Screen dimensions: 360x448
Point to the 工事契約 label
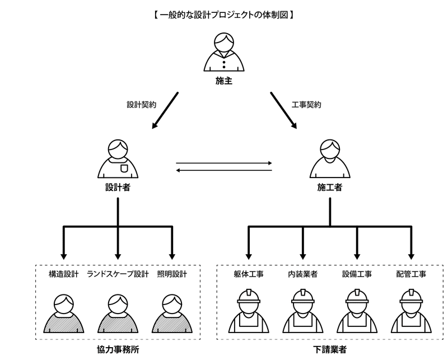(306, 104)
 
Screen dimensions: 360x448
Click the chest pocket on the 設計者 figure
(124, 166)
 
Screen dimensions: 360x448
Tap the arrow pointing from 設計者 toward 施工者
(224, 164)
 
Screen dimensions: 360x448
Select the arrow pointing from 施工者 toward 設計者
(224, 170)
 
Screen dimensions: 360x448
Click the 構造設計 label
(63, 274)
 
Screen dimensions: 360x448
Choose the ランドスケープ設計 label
(118, 274)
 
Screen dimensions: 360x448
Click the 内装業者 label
(302, 274)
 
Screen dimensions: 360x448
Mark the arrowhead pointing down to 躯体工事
(248, 251)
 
